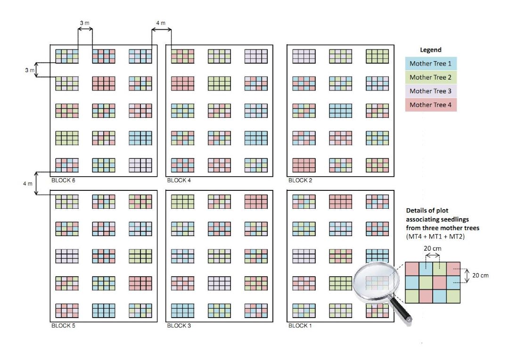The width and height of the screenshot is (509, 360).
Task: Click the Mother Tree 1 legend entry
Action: (x=431, y=64)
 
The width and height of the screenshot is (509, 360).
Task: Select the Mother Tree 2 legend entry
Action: (x=431, y=77)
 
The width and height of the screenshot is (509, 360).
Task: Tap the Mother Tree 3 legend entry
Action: (x=431, y=91)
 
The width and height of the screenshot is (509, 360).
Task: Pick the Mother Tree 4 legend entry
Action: (x=431, y=105)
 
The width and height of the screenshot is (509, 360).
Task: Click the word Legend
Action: (x=430, y=50)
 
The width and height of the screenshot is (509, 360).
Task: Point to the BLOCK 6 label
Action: (x=66, y=180)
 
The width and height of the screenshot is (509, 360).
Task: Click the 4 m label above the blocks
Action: (x=161, y=23)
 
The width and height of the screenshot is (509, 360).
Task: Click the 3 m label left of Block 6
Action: (x=30, y=70)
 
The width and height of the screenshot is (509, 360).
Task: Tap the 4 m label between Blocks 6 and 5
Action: (x=28, y=183)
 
